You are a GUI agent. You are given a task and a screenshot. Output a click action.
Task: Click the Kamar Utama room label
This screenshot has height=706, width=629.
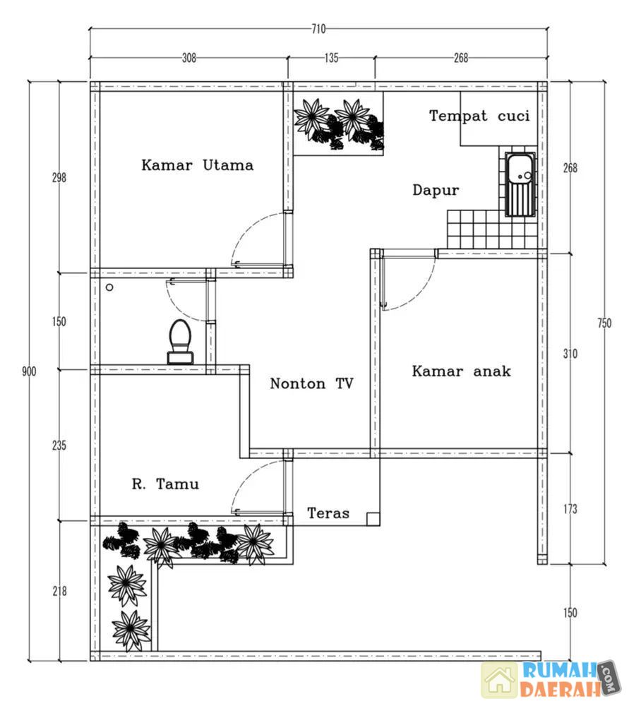[197, 165]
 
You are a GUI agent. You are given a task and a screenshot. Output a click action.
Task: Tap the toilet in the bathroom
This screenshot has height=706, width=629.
[179, 342]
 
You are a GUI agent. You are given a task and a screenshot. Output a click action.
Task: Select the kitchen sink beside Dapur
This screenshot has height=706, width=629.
[520, 184]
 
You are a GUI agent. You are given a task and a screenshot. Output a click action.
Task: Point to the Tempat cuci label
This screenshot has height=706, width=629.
[479, 116]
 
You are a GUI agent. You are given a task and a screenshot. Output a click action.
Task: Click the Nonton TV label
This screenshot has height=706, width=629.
[311, 383]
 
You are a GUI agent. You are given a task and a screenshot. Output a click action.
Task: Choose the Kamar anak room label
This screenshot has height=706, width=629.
[461, 371]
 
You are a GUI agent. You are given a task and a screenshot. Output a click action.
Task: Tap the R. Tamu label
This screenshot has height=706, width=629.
[165, 484]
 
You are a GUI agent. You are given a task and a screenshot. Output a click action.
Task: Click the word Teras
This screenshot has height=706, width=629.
[328, 513]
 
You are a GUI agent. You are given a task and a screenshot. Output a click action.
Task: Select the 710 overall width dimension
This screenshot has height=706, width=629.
[318, 29]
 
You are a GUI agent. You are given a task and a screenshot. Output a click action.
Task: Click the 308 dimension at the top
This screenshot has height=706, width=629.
[188, 59]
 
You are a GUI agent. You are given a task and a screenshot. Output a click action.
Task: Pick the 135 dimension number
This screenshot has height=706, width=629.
[331, 59]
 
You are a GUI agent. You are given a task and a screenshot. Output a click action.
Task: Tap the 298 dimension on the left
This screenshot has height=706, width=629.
[59, 178]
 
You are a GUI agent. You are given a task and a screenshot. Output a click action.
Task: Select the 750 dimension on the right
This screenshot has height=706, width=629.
[604, 323]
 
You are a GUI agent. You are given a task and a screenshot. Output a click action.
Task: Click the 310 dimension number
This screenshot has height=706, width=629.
[570, 353]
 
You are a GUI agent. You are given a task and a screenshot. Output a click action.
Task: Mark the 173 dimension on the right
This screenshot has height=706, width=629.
[570, 508]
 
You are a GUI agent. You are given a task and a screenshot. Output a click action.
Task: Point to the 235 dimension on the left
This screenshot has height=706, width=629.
[59, 445]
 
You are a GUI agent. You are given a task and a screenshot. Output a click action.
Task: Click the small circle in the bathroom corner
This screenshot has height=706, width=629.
[109, 287]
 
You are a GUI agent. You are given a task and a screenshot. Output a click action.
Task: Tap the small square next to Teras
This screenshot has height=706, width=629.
[372, 519]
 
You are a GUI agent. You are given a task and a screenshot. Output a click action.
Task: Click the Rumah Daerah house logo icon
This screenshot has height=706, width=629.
[500, 680]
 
